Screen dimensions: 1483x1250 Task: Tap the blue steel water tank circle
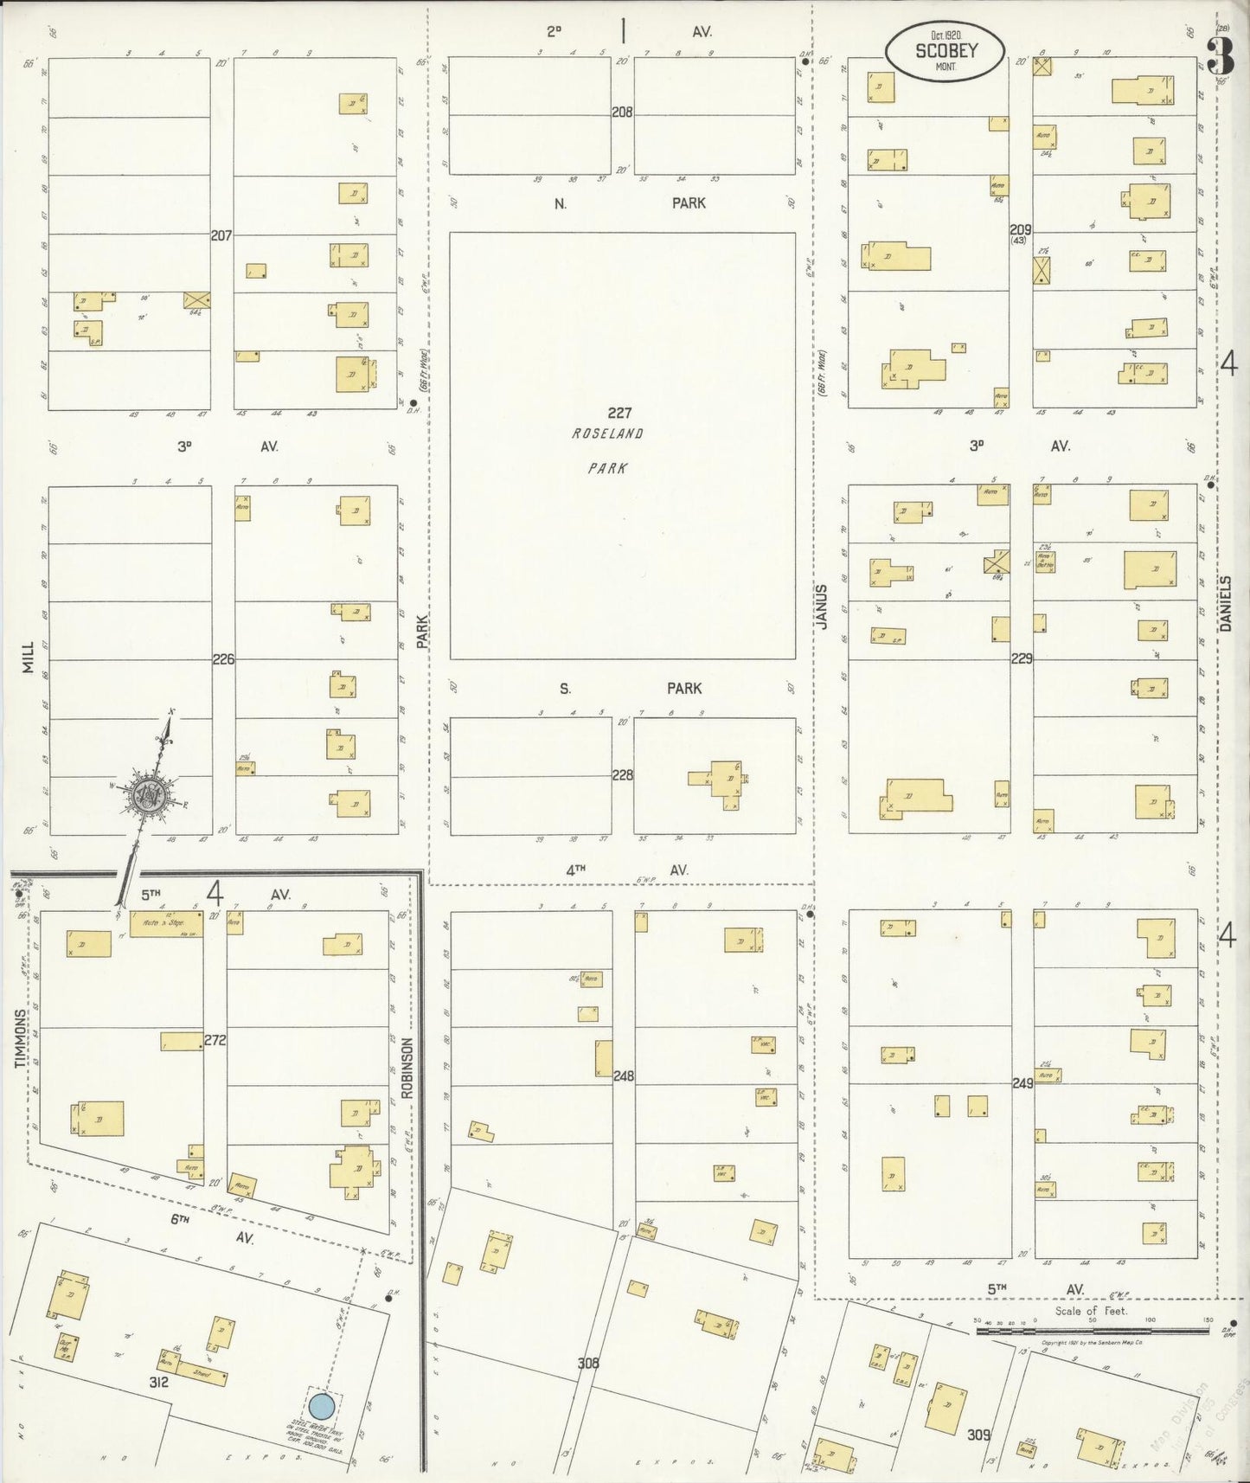(322, 1406)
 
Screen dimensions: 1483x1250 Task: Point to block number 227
(619, 414)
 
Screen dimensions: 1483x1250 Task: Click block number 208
(622, 112)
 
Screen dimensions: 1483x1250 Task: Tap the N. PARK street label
(623, 203)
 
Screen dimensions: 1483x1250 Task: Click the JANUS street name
(823, 607)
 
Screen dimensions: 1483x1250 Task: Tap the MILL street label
(29, 658)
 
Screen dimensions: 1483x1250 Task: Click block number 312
(157, 1383)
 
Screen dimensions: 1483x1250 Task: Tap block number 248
(623, 1076)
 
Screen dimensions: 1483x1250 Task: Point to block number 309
(979, 1435)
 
